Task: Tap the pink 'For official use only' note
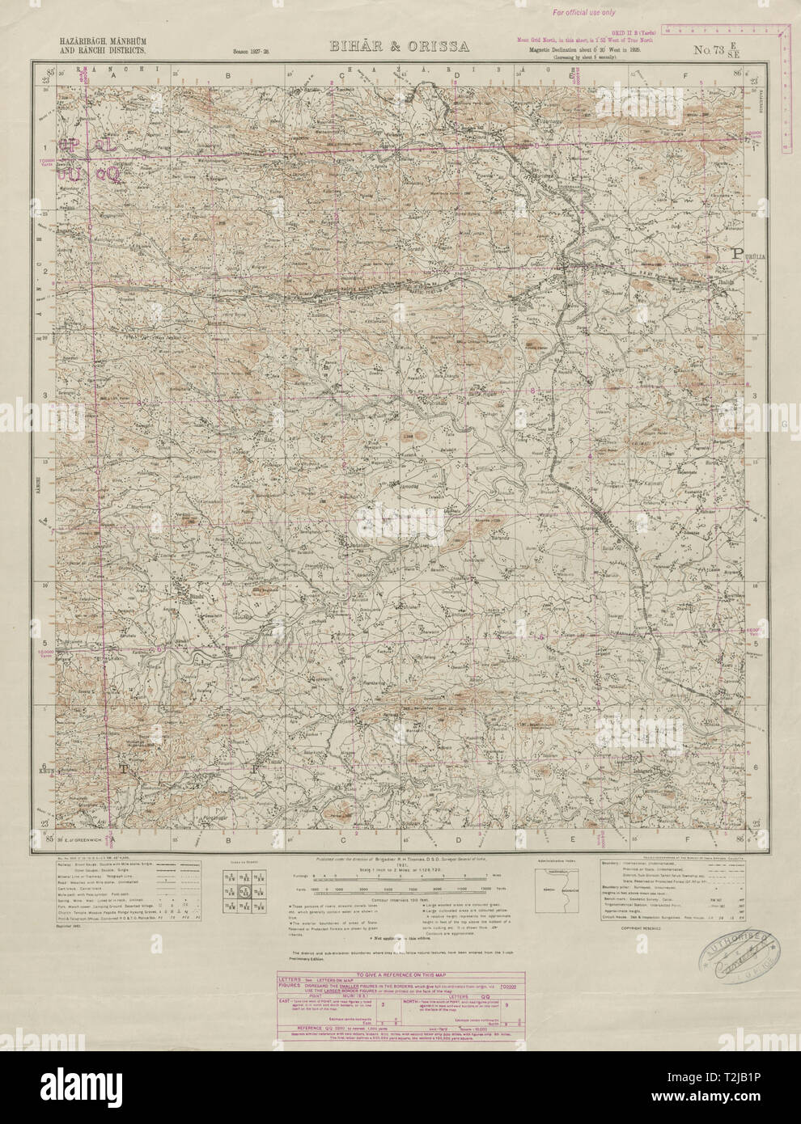coord(583,13)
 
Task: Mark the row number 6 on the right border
coord(755,765)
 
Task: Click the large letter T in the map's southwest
coord(125,769)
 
